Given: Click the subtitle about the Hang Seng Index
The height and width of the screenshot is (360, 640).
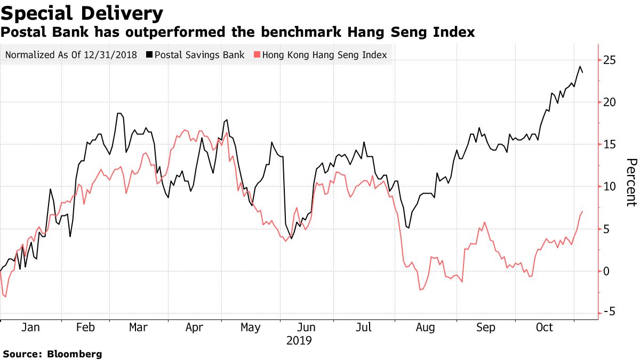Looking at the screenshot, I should [x=237, y=33].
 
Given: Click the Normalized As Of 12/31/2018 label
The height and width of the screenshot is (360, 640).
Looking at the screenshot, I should [x=71, y=54].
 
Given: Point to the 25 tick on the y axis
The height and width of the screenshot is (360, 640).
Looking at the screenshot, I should [x=610, y=60].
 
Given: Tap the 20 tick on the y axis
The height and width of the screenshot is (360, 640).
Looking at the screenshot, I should [x=610, y=102].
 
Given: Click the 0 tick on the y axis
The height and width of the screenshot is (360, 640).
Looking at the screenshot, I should [x=607, y=271].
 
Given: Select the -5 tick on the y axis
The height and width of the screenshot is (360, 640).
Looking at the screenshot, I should [x=609, y=313].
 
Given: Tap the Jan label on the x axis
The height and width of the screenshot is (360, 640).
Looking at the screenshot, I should [x=30, y=328].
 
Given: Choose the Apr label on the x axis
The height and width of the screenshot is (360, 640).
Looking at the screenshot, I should [x=195, y=328].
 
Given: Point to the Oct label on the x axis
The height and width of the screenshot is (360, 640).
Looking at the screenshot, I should [x=545, y=328].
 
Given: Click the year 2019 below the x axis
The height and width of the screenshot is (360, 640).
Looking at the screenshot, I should [x=300, y=340].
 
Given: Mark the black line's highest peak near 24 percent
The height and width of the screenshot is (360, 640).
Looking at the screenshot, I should [x=580, y=67].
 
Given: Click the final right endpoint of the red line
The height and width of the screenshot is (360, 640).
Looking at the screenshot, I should [x=582, y=211].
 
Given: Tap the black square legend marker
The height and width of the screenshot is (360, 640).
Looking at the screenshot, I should [x=150, y=55].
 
